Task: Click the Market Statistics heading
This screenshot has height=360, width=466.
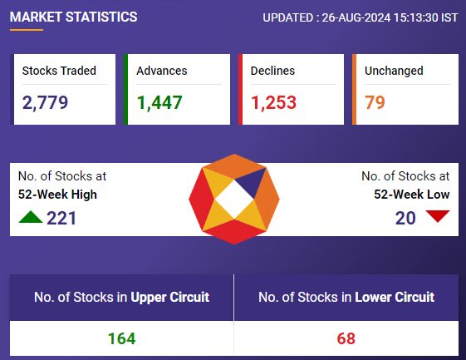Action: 73,17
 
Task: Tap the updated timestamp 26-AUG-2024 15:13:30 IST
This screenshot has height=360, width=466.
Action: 390,17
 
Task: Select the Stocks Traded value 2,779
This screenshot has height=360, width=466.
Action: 45,102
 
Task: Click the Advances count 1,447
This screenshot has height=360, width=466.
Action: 159,102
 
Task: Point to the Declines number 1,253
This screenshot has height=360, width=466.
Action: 273,102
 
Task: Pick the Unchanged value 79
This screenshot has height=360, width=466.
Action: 375,102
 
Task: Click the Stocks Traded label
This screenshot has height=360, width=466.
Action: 59,71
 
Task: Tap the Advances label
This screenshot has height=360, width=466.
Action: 162,71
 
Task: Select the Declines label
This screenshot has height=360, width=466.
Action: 272,71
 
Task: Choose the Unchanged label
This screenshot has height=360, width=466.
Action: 394,71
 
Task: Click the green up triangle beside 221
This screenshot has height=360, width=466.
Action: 30,217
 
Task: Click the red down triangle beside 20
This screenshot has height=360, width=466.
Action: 438,215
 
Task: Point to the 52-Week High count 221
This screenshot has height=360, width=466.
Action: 61,218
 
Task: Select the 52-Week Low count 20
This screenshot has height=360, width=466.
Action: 405,218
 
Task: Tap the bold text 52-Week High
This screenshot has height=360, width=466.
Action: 57,195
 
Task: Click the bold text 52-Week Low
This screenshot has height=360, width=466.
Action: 412,195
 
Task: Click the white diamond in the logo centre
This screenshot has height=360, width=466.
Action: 234,200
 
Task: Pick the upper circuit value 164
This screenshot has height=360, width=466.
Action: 121,338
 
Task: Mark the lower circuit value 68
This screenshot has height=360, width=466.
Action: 346,338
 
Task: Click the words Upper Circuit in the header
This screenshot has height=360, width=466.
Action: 170,297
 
